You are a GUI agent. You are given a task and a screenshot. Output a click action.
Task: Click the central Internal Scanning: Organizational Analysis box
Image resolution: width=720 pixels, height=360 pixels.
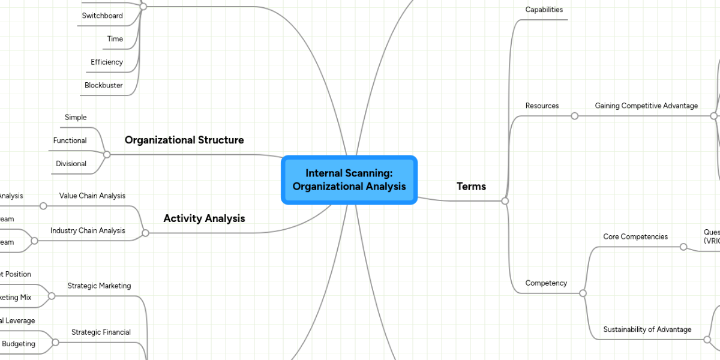pos(349,180)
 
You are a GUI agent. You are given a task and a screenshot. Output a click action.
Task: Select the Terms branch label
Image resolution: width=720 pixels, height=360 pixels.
pos(471,187)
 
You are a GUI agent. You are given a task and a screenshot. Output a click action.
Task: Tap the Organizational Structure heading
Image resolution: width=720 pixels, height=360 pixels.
pos(184,140)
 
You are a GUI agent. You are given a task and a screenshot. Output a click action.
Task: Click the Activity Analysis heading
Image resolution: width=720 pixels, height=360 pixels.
pos(204,218)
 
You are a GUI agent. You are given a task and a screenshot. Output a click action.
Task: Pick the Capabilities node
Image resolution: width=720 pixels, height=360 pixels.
pos(544,10)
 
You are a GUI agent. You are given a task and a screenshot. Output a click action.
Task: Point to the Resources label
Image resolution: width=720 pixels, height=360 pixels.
pos(542,106)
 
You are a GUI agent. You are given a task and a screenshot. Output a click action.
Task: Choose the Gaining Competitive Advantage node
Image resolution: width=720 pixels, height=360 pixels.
pos(646,106)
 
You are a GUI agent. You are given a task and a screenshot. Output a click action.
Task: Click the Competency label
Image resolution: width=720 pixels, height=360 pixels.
pos(545,283)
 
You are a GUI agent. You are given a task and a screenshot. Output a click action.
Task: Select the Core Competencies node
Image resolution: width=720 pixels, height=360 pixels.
pos(635,236)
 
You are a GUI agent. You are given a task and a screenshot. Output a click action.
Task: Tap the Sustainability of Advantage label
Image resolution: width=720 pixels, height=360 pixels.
pos(647,329)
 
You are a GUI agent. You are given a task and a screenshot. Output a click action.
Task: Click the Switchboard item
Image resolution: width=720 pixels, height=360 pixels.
pos(102,16)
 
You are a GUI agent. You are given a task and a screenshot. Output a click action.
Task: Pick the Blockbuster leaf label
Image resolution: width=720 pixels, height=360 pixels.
pos(103,85)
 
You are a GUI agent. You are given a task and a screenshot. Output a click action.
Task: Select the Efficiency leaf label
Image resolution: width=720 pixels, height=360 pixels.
pos(107,62)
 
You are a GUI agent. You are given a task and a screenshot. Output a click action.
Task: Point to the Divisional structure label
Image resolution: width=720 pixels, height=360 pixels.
pos(71,164)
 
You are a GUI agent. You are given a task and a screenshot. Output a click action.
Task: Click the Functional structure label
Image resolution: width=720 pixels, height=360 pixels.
pos(70,140)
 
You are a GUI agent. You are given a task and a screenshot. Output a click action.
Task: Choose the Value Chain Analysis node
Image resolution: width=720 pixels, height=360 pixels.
pos(92,196)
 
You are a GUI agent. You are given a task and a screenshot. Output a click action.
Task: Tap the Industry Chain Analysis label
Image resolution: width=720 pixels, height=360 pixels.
pos(88,230)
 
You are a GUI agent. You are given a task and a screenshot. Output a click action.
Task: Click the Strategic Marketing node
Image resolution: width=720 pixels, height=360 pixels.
pos(99,286)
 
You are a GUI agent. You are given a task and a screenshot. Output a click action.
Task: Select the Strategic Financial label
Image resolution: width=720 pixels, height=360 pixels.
pos(101,332)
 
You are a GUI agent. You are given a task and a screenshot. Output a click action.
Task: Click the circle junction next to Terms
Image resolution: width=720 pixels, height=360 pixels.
pos(505,201)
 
